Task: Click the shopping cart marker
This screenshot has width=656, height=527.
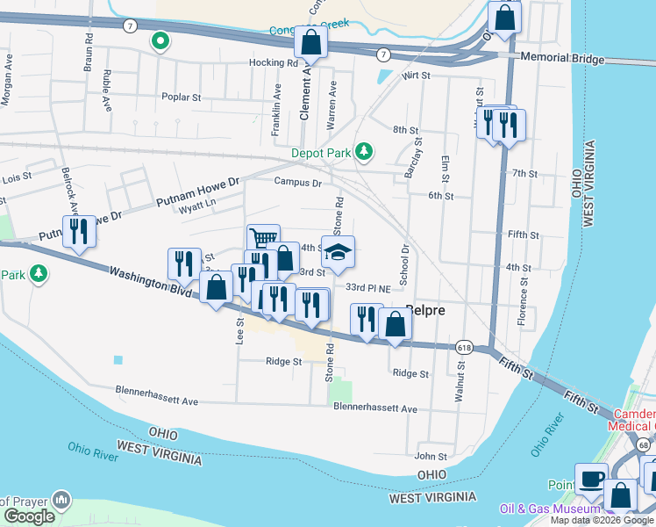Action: [x=263, y=238]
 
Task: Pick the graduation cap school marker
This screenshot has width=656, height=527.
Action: [x=338, y=253]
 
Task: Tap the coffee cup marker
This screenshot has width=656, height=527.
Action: [x=592, y=480]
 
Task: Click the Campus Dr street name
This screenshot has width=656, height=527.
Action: [x=297, y=183]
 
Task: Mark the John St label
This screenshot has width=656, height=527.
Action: [x=431, y=456]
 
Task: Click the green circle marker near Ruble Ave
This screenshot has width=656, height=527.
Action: [x=160, y=40]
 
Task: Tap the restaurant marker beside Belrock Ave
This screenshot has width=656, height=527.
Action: [x=79, y=232]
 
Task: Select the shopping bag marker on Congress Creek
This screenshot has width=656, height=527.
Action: [x=310, y=41]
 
